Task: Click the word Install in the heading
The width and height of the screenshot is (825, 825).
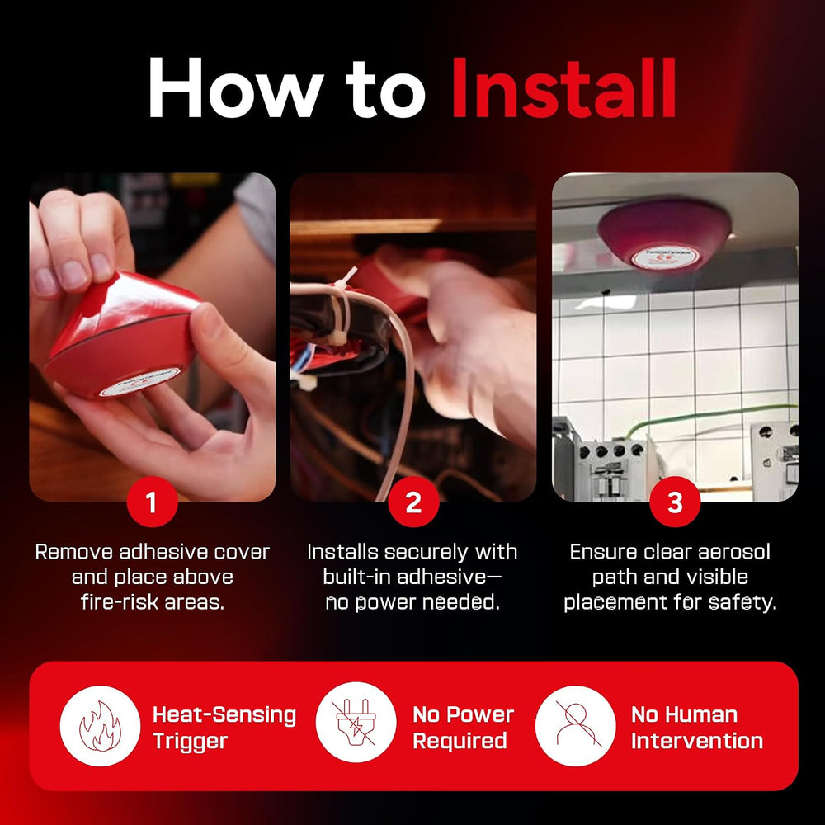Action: tap(563, 87)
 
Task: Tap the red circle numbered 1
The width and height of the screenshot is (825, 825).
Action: tap(152, 502)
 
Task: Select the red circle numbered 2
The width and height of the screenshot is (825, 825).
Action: tap(413, 502)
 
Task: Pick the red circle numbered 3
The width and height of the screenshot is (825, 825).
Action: tap(675, 502)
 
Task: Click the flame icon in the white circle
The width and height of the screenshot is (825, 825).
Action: tap(100, 726)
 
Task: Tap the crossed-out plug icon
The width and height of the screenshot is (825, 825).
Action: tap(356, 722)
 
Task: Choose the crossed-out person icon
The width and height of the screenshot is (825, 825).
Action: tap(576, 726)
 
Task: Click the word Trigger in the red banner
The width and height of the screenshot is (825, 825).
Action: tap(191, 742)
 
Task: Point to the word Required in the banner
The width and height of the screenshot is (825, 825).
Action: tap(460, 742)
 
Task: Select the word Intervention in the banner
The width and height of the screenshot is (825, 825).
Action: tap(697, 741)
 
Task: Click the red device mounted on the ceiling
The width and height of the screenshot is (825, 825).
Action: tap(664, 232)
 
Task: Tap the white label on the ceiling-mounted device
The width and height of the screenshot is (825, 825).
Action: tap(665, 257)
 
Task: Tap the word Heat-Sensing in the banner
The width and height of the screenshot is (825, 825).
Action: tap(224, 715)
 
